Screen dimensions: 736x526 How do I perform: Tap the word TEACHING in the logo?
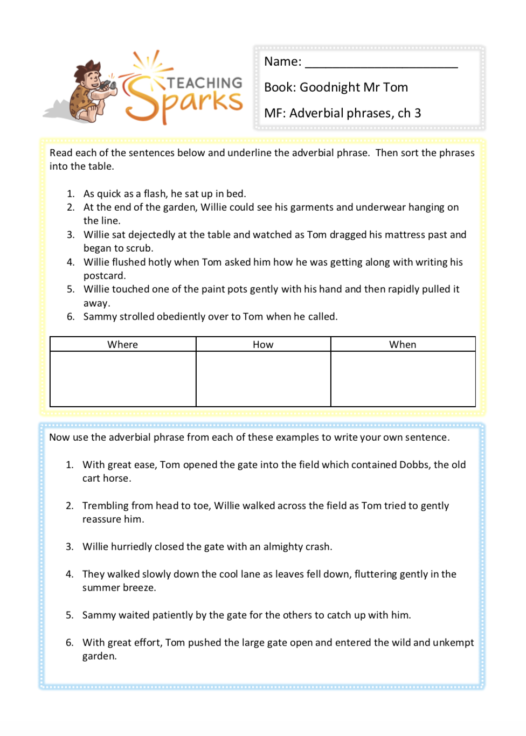205,83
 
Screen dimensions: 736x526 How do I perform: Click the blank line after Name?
381,64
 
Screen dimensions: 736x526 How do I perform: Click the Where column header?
123,345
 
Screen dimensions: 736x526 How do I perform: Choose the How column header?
263,345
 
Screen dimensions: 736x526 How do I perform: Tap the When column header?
403,345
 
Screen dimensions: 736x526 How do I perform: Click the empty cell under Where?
123,379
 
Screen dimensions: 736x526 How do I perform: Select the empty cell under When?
403,379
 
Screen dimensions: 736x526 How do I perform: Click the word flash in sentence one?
155,194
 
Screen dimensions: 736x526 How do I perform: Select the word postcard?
104,276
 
